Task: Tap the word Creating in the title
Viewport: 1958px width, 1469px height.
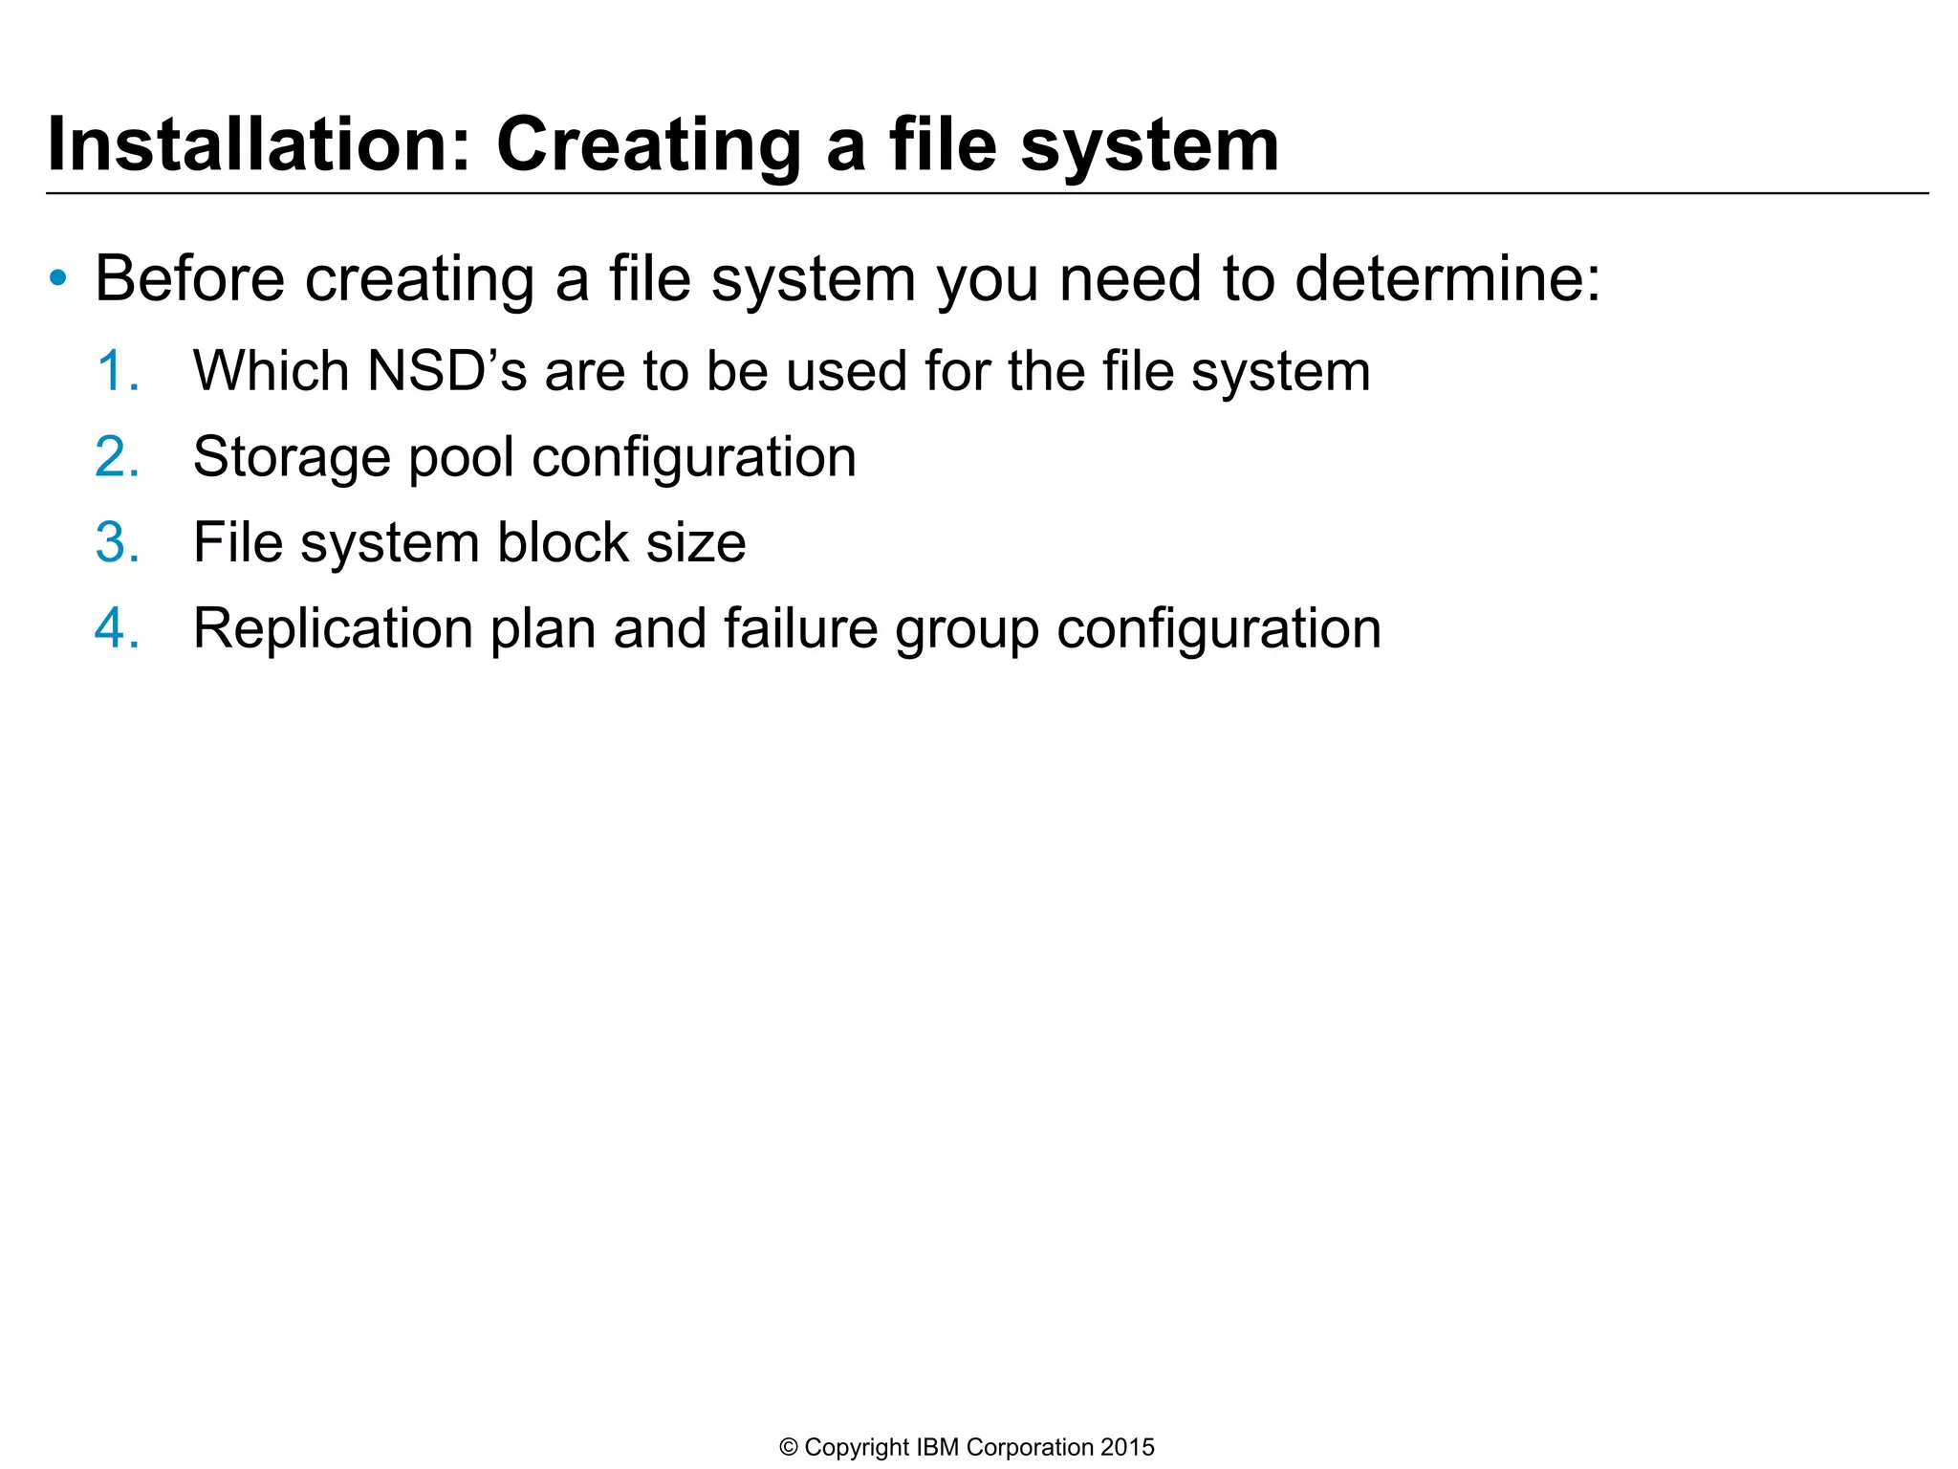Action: (x=648, y=144)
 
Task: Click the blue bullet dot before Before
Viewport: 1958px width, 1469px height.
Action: (x=59, y=278)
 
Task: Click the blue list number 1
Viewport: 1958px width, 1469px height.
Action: (x=117, y=371)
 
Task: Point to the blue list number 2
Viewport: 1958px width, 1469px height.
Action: (x=117, y=457)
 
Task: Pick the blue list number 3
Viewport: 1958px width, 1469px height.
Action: (x=117, y=542)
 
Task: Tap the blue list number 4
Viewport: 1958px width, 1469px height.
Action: (x=117, y=628)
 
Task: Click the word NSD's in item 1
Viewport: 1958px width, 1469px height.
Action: (x=446, y=371)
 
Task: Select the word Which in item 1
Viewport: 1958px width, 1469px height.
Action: (x=271, y=371)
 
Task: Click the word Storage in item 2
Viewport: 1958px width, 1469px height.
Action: (x=292, y=457)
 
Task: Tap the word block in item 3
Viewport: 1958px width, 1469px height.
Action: (x=563, y=542)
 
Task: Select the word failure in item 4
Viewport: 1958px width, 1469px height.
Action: (x=800, y=628)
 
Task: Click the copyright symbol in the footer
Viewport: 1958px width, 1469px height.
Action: (x=789, y=1448)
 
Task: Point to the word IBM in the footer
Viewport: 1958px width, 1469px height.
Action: (x=937, y=1448)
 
